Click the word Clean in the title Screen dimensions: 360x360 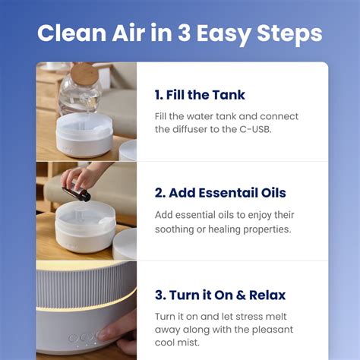pyautogui.click(x=72, y=33)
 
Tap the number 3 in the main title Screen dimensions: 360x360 pyautogui.click(x=184, y=33)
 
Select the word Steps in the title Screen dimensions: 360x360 pyautogui.click(x=289, y=34)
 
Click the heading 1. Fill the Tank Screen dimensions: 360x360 pyautogui.click(x=200, y=95)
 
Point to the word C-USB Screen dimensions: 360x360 pyautogui.click(x=255, y=129)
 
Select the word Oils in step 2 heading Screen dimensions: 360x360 pyautogui.click(x=273, y=193)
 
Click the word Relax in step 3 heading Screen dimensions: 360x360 pyautogui.click(x=267, y=295)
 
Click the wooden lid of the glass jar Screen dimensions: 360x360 pyautogui.click(x=84, y=74)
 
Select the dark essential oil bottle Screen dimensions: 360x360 pyautogui.click(x=77, y=194)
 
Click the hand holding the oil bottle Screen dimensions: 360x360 pyautogui.click(x=81, y=177)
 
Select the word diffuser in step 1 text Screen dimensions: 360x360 pyautogui.click(x=190, y=129)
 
